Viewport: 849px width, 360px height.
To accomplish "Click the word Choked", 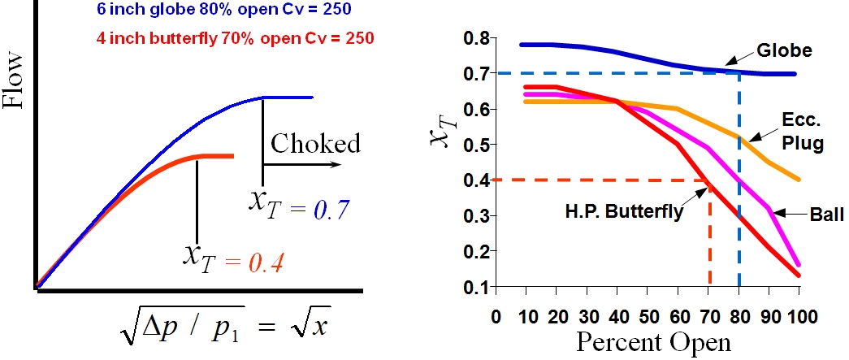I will pyautogui.click(x=315, y=145).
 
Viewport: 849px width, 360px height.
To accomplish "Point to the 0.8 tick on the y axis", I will pyautogui.click(x=479, y=38).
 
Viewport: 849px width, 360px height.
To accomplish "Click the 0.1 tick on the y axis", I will pyautogui.click(x=479, y=288).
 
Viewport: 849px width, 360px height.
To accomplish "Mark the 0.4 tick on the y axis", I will pyautogui.click(x=479, y=180).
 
